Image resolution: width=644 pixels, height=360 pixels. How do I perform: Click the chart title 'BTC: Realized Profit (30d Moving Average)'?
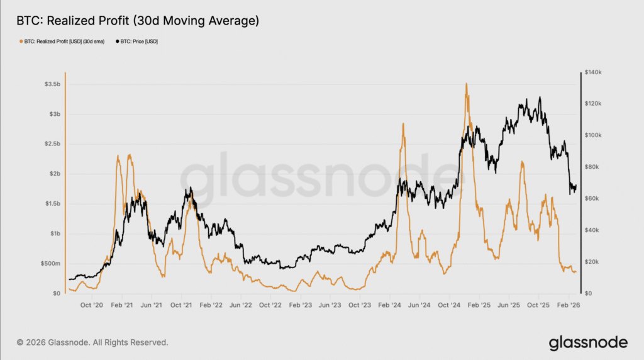coord(138,21)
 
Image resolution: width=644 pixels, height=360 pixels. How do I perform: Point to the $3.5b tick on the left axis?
coord(53,84)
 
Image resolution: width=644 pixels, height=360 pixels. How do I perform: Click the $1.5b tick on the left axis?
coord(53,204)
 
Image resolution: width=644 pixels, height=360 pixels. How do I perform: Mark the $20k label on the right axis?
coord(591,262)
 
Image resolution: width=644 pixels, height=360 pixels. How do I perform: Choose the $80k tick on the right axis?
coord(591,167)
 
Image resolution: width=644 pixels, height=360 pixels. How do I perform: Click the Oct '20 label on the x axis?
coord(92,305)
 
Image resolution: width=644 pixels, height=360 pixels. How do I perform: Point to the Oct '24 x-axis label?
coord(450,305)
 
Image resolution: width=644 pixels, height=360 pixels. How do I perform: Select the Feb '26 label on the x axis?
coord(569,305)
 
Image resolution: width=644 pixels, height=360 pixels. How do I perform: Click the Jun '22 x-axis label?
coord(240,305)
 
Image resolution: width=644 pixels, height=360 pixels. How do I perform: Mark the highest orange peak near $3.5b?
coord(466,84)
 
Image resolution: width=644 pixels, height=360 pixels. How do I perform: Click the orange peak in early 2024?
coord(402,124)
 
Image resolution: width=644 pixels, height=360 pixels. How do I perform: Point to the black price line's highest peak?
coord(540,98)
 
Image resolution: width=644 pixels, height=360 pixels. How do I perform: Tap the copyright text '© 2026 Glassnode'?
coord(92,343)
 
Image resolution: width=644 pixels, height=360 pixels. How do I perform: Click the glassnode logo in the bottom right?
coord(588,343)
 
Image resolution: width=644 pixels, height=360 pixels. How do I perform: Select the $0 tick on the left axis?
coord(56,293)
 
